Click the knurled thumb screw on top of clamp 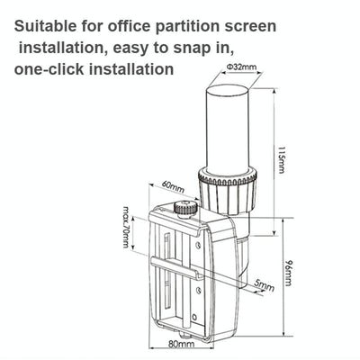coord(185,208)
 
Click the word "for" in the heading coord(98,28)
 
